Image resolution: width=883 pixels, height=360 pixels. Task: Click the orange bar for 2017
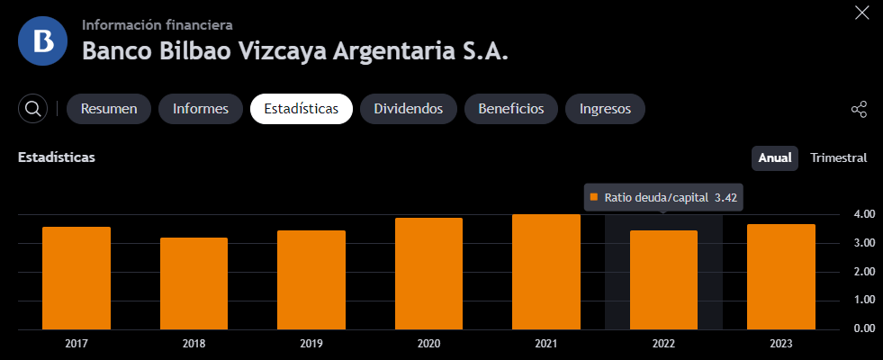click(x=76, y=278)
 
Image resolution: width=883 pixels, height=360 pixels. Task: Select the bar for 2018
click(x=194, y=283)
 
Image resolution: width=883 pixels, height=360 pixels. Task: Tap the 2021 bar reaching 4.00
click(x=546, y=272)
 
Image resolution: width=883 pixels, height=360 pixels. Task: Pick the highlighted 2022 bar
click(x=663, y=280)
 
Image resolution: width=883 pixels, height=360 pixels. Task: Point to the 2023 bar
click(x=781, y=276)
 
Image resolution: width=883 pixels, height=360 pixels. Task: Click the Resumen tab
click(x=109, y=109)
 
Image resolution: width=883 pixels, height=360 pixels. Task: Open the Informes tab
click(x=201, y=109)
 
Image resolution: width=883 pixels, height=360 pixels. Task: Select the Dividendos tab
click(x=409, y=109)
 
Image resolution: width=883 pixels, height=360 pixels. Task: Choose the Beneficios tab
click(x=511, y=109)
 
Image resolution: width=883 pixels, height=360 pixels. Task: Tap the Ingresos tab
click(x=606, y=109)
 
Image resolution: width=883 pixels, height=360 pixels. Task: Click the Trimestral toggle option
click(x=839, y=157)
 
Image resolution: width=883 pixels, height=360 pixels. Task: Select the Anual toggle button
click(x=775, y=157)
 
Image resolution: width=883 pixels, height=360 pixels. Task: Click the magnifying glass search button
click(x=32, y=109)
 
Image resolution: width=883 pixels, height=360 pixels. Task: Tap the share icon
click(x=859, y=109)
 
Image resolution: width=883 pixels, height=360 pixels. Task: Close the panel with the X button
click(x=862, y=13)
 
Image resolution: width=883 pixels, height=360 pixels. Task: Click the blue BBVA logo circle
click(x=43, y=41)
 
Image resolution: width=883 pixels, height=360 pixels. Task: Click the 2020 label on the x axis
click(x=428, y=344)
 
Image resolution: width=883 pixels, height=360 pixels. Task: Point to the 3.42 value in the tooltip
click(x=725, y=198)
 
